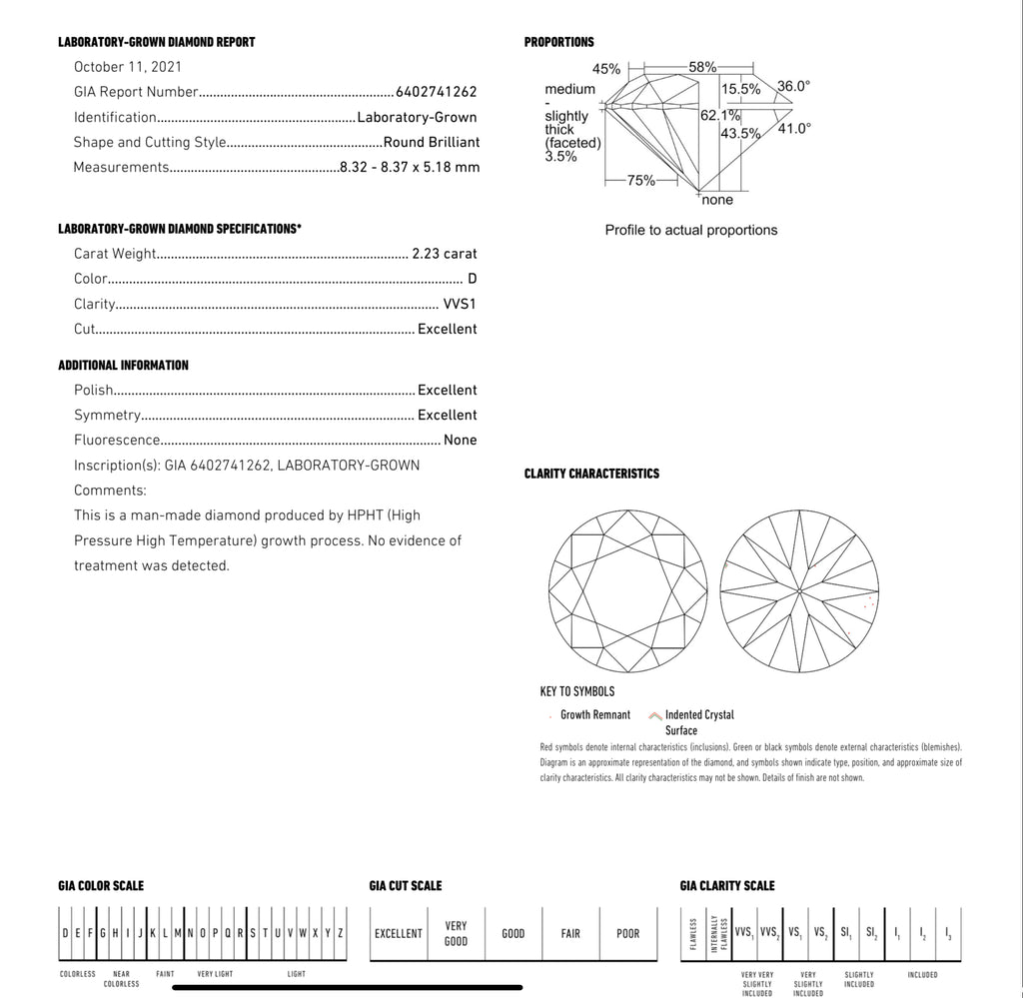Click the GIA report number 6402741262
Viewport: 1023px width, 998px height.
437,92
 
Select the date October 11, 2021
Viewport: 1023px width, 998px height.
128,67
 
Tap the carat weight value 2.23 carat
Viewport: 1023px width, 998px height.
445,254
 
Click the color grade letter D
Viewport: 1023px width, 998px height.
472,279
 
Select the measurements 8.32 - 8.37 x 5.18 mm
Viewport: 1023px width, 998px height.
410,167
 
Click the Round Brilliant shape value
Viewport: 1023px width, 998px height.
432,142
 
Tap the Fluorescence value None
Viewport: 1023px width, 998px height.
461,440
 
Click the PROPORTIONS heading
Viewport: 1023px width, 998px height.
558,42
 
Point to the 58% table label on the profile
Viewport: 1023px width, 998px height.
702,67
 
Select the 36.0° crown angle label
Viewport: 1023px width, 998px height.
794,86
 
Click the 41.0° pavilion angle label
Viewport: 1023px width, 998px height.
794,128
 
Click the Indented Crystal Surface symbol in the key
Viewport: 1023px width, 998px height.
655,715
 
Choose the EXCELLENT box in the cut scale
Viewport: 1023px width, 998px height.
399,934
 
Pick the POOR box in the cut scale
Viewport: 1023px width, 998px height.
627,934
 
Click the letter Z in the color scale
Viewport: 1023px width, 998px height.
341,933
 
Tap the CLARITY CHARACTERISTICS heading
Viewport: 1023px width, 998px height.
591,474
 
